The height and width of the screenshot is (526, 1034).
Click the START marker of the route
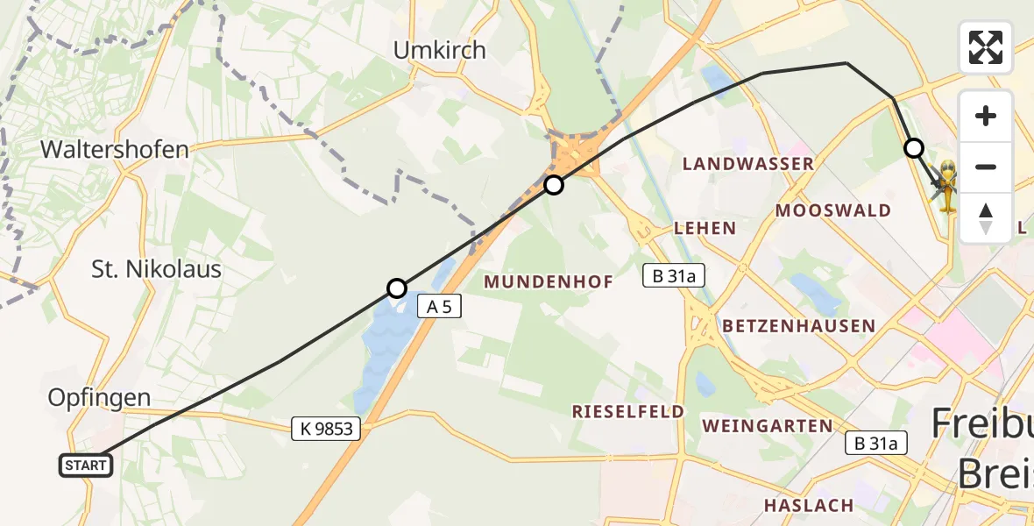tap(86, 466)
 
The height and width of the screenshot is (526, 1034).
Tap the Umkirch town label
tap(439, 51)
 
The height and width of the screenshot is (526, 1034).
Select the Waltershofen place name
tap(114, 150)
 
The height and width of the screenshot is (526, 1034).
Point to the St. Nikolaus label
tap(156, 269)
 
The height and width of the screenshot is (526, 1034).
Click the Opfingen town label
tap(99, 398)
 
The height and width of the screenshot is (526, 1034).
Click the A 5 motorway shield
tap(439, 306)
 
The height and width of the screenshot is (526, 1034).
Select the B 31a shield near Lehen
tap(673, 275)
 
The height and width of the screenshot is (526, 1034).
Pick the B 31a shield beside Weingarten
tap(876, 444)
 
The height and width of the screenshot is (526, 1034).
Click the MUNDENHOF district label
tap(548, 281)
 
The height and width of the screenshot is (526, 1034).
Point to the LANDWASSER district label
tap(747, 164)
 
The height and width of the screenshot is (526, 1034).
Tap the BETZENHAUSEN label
tap(798, 326)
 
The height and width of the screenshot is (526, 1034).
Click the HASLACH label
tap(808, 505)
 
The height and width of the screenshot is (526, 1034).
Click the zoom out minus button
tap(986, 167)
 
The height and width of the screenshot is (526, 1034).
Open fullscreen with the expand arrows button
tap(986, 47)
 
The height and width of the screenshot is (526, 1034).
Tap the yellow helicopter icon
tap(948, 185)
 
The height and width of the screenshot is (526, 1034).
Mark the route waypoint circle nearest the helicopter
tap(914, 148)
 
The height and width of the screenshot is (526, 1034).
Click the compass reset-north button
tap(986, 217)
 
